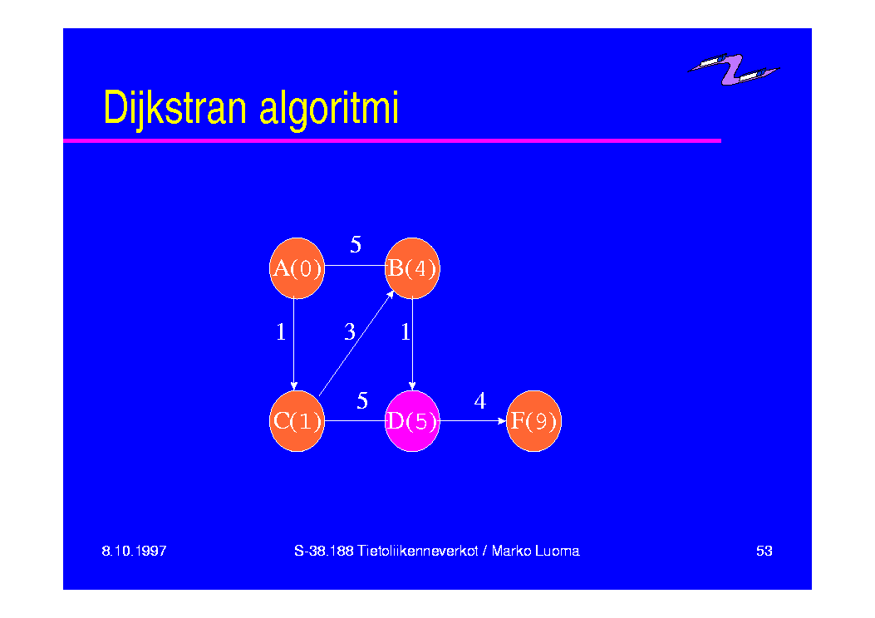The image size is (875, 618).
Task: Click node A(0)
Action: pyautogui.click(x=297, y=268)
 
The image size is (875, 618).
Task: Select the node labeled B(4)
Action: pyautogui.click(x=412, y=268)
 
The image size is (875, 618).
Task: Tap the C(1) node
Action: pyautogui.click(x=297, y=421)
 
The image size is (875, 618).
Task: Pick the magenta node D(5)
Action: pyautogui.click(x=412, y=421)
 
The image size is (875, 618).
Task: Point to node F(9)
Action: pyautogui.click(x=533, y=421)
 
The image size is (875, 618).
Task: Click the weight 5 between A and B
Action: pyautogui.click(x=356, y=244)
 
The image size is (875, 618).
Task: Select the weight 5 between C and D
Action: pyautogui.click(x=362, y=400)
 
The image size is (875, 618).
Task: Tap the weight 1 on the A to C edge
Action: pyautogui.click(x=281, y=332)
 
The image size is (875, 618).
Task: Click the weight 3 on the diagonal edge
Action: pyautogui.click(x=350, y=332)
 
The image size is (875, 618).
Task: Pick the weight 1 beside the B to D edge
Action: pyautogui.click(x=406, y=332)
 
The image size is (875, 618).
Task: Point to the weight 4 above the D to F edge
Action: pyautogui.click(x=480, y=400)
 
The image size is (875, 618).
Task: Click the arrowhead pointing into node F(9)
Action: pyautogui.click(x=502, y=421)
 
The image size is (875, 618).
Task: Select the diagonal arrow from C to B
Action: pyautogui.click(x=356, y=344)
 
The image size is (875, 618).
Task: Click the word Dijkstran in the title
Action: pyautogui.click(x=175, y=109)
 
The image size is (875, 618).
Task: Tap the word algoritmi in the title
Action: pyautogui.click(x=329, y=110)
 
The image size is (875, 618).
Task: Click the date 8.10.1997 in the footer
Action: pyautogui.click(x=134, y=551)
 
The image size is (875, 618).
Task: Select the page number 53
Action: pyautogui.click(x=764, y=551)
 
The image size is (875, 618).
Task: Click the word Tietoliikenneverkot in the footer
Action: pyautogui.click(x=417, y=551)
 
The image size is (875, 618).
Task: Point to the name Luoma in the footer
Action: pyautogui.click(x=557, y=551)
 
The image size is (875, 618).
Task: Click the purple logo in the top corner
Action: pyautogui.click(x=733, y=69)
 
